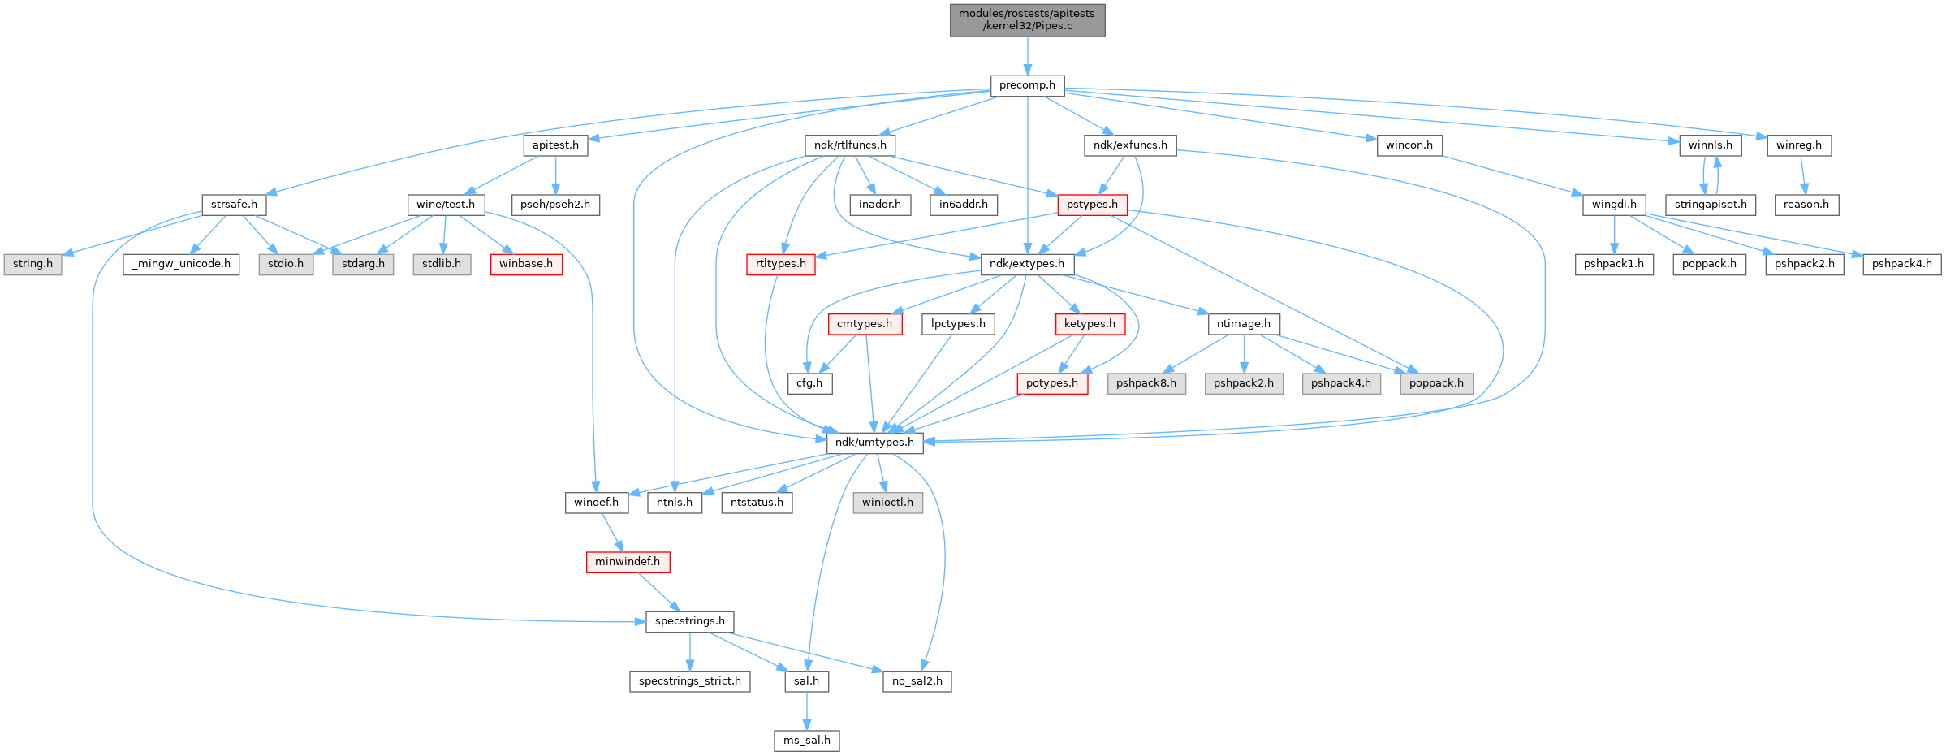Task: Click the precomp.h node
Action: [x=1027, y=85]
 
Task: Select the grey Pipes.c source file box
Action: [x=1027, y=19]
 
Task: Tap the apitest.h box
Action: [x=555, y=145]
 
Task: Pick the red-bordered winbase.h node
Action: [x=526, y=264]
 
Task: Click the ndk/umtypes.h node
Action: [x=874, y=443]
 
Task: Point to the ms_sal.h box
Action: [x=806, y=741]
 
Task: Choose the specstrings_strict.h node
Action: [x=689, y=681]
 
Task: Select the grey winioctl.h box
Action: [x=887, y=503]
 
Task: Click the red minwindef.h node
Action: [x=628, y=562]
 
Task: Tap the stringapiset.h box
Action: [x=1711, y=205]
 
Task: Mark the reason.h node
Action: [x=1806, y=205]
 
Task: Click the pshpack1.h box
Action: [x=1614, y=264]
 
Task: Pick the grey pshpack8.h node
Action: [x=1146, y=383]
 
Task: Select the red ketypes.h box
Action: [x=1090, y=324]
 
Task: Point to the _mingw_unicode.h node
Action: [x=181, y=264]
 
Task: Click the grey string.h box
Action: [x=32, y=264]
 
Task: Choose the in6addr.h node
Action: [x=963, y=205]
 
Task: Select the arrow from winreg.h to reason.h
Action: [x=1802, y=175]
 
